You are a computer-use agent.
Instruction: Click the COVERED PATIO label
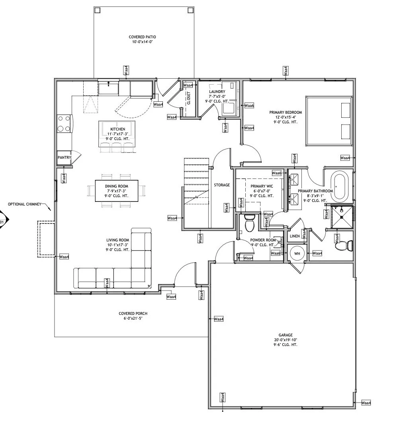[142, 37]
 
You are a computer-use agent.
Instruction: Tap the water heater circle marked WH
[297, 253]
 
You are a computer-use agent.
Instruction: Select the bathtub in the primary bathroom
[339, 186]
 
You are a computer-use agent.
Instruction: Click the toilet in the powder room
[249, 223]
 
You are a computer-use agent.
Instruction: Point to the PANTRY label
[65, 157]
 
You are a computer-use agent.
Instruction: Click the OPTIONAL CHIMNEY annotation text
[25, 204]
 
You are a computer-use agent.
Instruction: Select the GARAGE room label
[286, 335]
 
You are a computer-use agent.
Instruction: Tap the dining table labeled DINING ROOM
[117, 191]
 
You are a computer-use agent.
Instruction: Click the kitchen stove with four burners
[65, 124]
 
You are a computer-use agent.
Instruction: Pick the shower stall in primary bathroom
[342, 217]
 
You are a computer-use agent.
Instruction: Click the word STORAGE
[222, 185]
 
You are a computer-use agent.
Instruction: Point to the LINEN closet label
[295, 236]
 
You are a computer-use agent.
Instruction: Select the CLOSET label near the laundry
[189, 98]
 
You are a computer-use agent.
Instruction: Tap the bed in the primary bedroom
[329, 121]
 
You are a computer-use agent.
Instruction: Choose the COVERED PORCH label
[133, 313]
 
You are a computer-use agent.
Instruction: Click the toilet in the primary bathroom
[344, 245]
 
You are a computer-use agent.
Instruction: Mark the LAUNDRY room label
[217, 91]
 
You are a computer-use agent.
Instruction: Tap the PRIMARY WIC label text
[262, 186]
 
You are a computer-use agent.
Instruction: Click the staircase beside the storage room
[196, 193]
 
